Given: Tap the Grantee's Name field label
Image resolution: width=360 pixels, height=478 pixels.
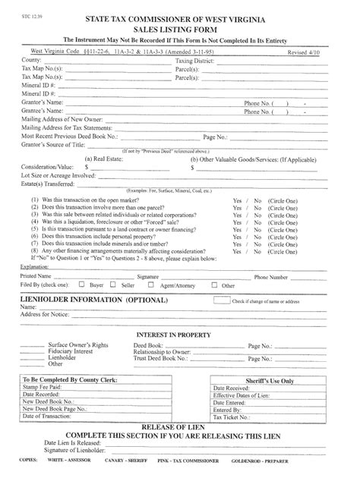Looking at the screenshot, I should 43,111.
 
